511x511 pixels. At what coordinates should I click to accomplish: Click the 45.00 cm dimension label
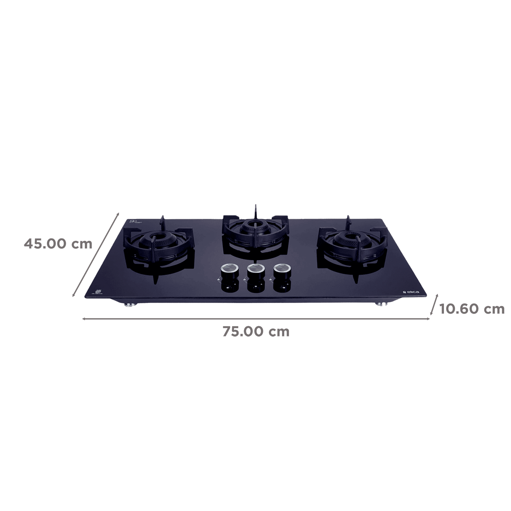tap(58, 244)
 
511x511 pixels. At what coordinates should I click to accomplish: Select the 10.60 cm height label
tap(472, 309)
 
